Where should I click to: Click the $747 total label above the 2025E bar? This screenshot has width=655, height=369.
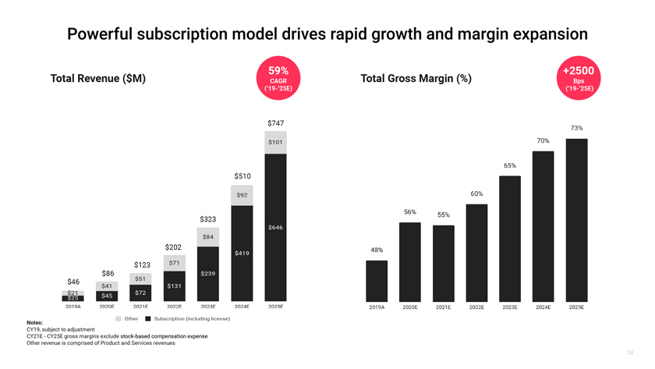click(x=275, y=123)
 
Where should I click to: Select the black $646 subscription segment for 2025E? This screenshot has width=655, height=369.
click(x=275, y=227)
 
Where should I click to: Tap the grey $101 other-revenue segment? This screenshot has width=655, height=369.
click(x=275, y=142)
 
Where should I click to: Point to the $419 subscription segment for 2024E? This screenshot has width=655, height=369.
click(x=242, y=253)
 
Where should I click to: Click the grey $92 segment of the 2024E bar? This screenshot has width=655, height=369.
click(x=242, y=195)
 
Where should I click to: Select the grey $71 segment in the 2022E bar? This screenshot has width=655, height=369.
click(x=175, y=263)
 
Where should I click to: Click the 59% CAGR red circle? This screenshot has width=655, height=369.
click(x=278, y=79)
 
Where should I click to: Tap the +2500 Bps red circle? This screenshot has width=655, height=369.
click(x=578, y=79)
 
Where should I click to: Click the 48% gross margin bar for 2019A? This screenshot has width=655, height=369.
click(x=377, y=280)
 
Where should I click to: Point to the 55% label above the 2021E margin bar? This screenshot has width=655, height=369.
click(x=443, y=215)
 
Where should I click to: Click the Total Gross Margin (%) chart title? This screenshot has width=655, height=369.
click(x=416, y=79)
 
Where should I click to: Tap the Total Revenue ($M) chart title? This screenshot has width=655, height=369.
click(x=97, y=79)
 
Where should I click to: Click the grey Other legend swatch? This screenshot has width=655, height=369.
click(x=119, y=318)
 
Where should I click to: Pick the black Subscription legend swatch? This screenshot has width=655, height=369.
click(x=148, y=318)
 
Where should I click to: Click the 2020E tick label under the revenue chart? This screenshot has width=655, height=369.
click(x=107, y=307)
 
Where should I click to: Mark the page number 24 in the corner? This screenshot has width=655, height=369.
click(x=629, y=353)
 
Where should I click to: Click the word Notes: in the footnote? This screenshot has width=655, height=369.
click(x=34, y=323)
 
